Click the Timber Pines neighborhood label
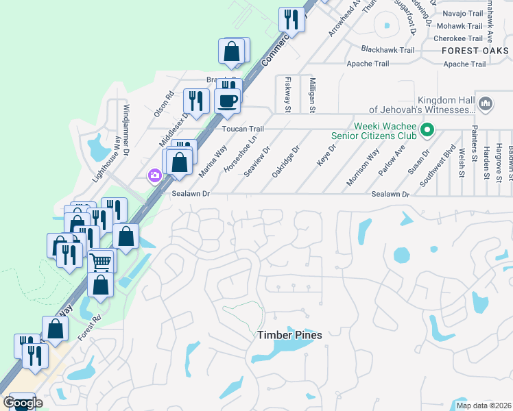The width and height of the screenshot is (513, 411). click(289, 335)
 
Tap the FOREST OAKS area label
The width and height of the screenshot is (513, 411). click(475, 51)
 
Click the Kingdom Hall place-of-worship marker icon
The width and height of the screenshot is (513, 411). click(486, 104)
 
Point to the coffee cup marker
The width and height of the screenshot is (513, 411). click(228, 101)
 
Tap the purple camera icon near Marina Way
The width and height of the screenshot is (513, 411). click(154, 176)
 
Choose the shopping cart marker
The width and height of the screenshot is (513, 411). click(100, 261)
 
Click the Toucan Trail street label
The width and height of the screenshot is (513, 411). click(243, 129)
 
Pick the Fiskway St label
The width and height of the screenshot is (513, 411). click(288, 94)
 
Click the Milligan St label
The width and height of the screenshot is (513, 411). click(311, 94)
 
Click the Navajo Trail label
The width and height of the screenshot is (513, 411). click(463, 14)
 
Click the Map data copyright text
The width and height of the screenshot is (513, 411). click(483, 406)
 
